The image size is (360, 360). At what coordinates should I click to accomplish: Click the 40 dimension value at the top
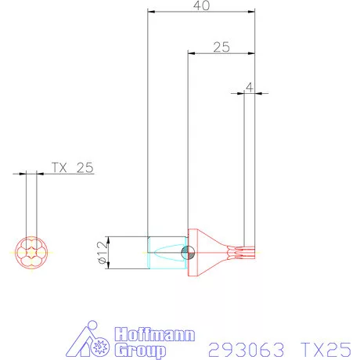202,5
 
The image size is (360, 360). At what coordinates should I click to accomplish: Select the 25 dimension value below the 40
221,47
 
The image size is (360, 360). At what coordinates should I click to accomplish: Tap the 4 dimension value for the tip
249,88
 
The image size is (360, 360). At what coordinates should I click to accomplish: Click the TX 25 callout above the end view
72,167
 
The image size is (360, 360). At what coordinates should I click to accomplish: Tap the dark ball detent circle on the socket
187,252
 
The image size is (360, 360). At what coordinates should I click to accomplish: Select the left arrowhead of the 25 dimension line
190,53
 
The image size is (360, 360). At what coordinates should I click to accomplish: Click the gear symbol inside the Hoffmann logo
100,345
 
